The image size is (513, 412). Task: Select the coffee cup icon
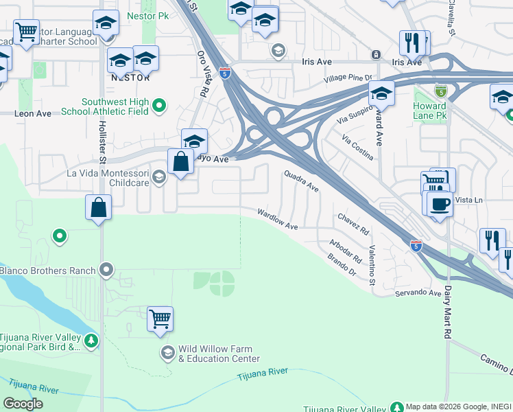click(x=439, y=204)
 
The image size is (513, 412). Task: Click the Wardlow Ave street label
click(x=278, y=220)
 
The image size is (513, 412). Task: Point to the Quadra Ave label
click(x=302, y=181)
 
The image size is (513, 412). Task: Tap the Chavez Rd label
click(x=353, y=222)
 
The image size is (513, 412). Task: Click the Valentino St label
click(x=372, y=266)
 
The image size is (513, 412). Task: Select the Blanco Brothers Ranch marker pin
click(x=106, y=270)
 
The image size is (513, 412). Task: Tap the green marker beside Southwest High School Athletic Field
click(x=159, y=106)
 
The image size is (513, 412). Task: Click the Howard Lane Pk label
click(x=430, y=111)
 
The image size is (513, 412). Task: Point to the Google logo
click(x=23, y=404)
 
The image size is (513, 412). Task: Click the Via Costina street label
click(x=357, y=147)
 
